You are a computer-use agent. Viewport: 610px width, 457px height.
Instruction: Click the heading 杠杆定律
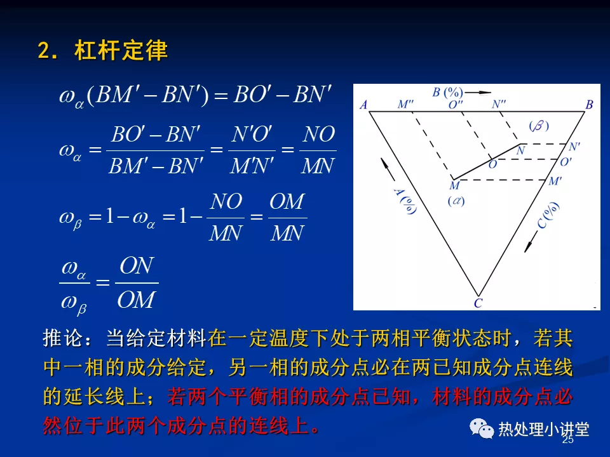(x=121, y=51)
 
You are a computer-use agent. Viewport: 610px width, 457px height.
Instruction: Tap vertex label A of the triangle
(x=363, y=105)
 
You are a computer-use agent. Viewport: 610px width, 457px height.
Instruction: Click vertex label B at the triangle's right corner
(x=589, y=105)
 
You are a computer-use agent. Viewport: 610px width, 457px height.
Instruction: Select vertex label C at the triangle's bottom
(x=478, y=303)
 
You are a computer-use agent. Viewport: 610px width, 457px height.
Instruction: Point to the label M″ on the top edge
(x=405, y=104)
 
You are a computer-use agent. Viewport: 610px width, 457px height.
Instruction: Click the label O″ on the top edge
(x=456, y=104)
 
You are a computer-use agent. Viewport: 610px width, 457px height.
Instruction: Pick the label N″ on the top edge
(x=499, y=104)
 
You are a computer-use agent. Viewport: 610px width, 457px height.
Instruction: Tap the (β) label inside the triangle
(x=539, y=126)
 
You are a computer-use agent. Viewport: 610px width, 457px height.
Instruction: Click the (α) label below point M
(x=456, y=201)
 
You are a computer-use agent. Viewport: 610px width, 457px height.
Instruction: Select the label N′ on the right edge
(x=574, y=147)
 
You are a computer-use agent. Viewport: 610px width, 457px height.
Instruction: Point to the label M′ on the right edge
(x=555, y=181)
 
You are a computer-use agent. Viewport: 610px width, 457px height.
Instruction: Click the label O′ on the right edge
(x=566, y=162)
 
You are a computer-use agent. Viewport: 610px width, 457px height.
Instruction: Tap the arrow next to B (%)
(x=478, y=93)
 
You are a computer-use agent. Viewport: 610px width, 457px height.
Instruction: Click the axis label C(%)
(x=548, y=215)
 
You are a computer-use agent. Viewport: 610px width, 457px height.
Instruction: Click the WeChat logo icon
(x=482, y=428)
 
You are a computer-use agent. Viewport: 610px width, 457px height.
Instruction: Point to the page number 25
(x=568, y=439)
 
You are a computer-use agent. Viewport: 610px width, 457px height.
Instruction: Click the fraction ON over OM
(x=137, y=282)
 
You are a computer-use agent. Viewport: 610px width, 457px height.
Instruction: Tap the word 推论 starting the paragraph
(x=64, y=338)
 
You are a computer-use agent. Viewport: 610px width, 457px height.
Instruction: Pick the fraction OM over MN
(x=287, y=218)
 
